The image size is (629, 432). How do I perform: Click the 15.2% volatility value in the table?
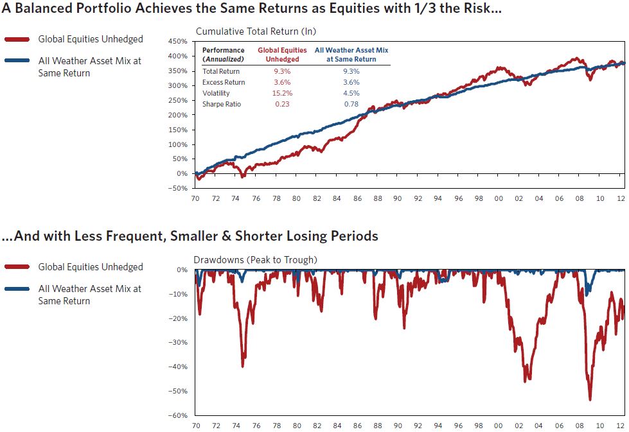(x=282, y=93)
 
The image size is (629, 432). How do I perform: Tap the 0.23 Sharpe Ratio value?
(x=282, y=104)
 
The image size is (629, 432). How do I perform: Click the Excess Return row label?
(x=224, y=82)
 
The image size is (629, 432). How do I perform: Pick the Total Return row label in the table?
(x=222, y=71)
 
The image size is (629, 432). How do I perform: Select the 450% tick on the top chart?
(x=177, y=41)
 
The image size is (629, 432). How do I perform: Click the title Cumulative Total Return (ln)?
(x=256, y=31)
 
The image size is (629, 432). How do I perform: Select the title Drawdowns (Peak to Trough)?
(x=255, y=259)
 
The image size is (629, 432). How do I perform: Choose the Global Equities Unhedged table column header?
(x=282, y=54)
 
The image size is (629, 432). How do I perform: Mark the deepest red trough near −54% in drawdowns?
(x=590, y=399)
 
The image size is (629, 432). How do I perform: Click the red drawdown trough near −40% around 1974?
(x=242, y=366)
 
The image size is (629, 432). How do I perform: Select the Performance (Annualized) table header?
(x=223, y=54)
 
